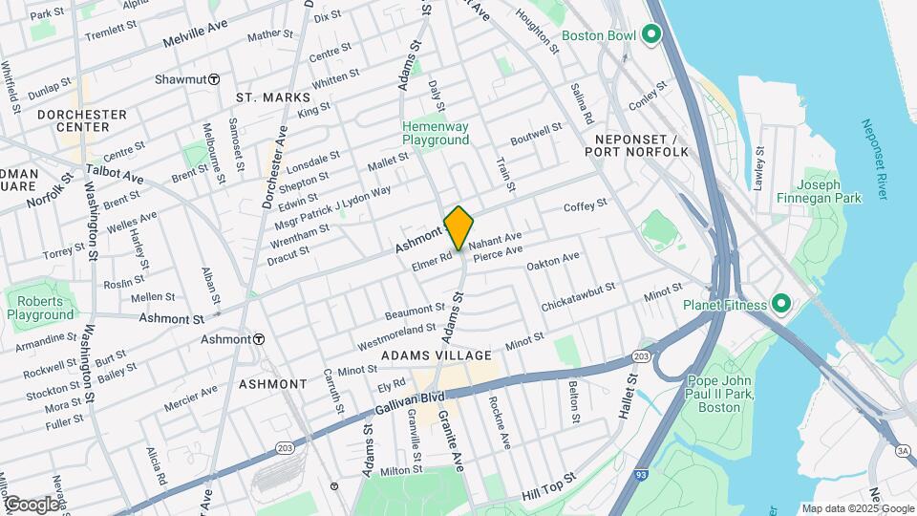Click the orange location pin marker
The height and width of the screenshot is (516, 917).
point(458,227)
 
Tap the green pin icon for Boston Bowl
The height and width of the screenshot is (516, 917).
point(652,35)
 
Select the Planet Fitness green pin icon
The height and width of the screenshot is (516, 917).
point(780,305)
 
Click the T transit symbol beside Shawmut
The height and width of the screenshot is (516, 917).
point(215,79)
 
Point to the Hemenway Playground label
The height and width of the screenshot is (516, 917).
point(436,133)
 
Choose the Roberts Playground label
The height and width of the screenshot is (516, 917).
point(39,308)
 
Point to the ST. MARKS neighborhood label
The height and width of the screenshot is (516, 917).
point(273,97)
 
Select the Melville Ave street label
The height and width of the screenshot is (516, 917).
point(197,39)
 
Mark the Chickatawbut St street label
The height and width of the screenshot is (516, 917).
point(578,296)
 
